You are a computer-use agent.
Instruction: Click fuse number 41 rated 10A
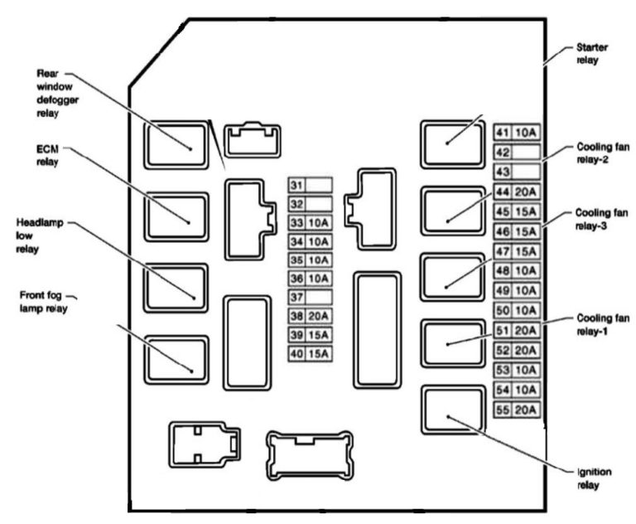517,133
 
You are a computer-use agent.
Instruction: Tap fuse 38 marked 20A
310,316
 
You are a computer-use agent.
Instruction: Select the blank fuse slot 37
310,297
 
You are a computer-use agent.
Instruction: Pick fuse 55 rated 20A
517,410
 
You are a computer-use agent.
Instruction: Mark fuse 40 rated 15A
310,354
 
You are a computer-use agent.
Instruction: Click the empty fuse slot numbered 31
310,184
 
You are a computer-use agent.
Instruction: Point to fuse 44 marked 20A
517,192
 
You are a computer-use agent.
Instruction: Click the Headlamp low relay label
38,235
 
